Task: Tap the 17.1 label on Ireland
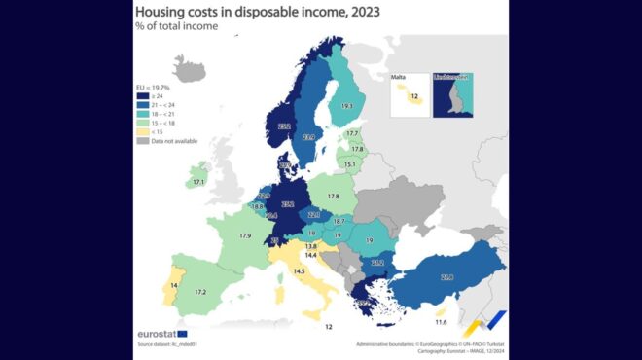198,182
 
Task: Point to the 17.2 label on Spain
199,292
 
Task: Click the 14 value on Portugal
173,285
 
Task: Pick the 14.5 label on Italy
300,270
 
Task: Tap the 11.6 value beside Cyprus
441,322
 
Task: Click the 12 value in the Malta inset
413,97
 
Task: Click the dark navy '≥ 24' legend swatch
142,97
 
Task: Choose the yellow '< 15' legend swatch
142,132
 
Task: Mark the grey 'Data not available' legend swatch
142,141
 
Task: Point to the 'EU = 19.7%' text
152,88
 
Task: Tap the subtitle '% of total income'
176,26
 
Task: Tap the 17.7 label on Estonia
352,133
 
